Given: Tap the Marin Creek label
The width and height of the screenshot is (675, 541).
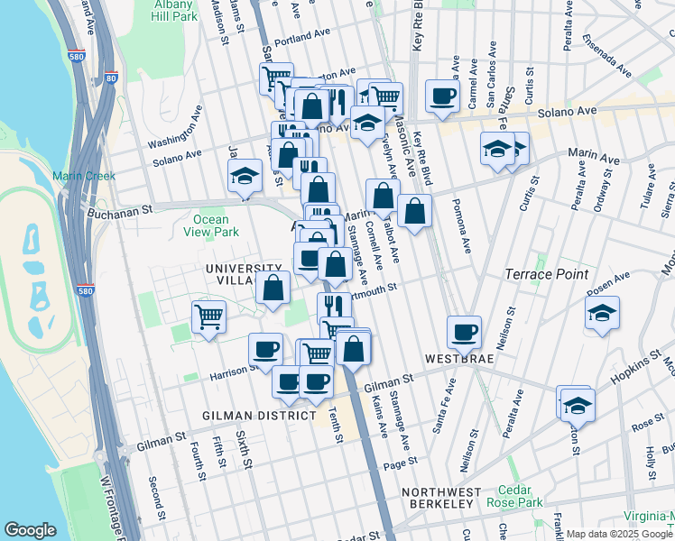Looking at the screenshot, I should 84,176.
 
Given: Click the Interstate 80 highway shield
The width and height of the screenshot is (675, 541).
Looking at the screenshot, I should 109,78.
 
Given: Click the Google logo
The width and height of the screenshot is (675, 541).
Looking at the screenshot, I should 30,530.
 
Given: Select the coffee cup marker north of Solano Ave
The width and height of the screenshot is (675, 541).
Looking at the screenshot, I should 442,96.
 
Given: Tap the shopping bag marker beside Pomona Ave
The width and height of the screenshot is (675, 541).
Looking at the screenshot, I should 414,212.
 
